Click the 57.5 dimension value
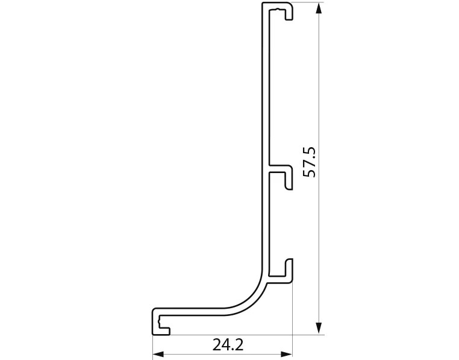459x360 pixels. (309, 162)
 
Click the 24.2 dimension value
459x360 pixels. (228, 345)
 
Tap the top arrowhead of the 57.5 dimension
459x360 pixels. (319, 9)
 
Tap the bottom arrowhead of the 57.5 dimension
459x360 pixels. (319, 327)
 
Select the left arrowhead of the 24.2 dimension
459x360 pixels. (158, 355)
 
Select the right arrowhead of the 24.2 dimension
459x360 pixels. (287, 355)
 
